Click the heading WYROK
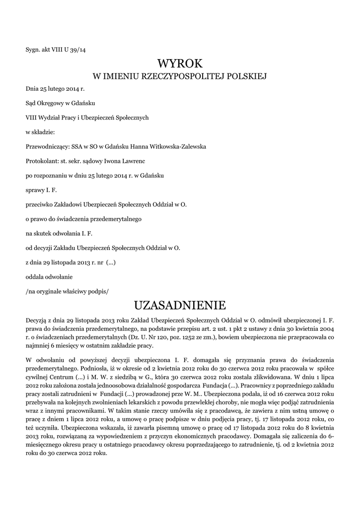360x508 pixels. tap(180, 63)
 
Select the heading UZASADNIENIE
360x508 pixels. tap(180, 304)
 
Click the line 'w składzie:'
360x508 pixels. tap(40, 132)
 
